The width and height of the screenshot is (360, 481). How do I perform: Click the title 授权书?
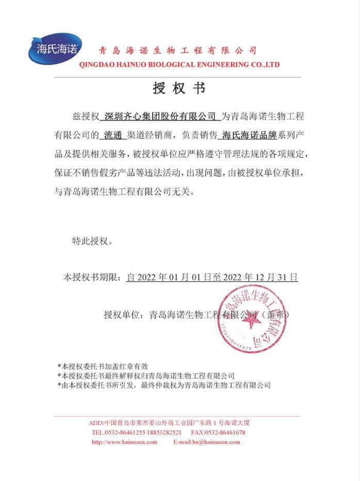pyautogui.click(x=179, y=88)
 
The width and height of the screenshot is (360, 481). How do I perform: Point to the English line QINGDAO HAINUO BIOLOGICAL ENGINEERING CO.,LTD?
pyautogui.click(x=179, y=65)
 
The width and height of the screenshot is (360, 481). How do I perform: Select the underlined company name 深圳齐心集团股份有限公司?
pyautogui.click(x=159, y=117)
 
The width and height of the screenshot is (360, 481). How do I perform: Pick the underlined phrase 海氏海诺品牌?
pyautogui.click(x=248, y=136)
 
